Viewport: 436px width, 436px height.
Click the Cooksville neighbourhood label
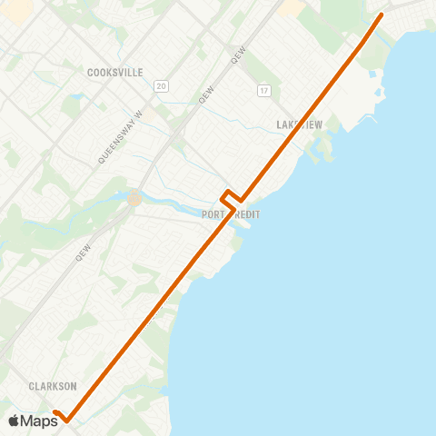tap(115, 72)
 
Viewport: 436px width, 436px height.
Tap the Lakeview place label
tap(298, 124)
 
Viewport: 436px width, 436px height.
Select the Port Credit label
tap(231, 214)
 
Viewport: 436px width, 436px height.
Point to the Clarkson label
tap(51, 386)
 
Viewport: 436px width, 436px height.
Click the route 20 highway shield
tap(161, 85)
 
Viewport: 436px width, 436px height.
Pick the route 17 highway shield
tap(264, 91)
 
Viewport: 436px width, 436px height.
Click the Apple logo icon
tap(15, 421)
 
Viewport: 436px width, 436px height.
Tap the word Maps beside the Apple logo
tap(39, 421)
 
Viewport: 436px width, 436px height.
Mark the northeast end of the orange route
tap(380, 15)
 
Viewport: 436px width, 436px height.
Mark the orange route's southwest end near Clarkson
tap(55, 413)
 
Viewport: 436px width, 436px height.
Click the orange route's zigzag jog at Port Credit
tap(232, 197)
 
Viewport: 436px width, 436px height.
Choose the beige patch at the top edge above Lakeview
tap(292, 7)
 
